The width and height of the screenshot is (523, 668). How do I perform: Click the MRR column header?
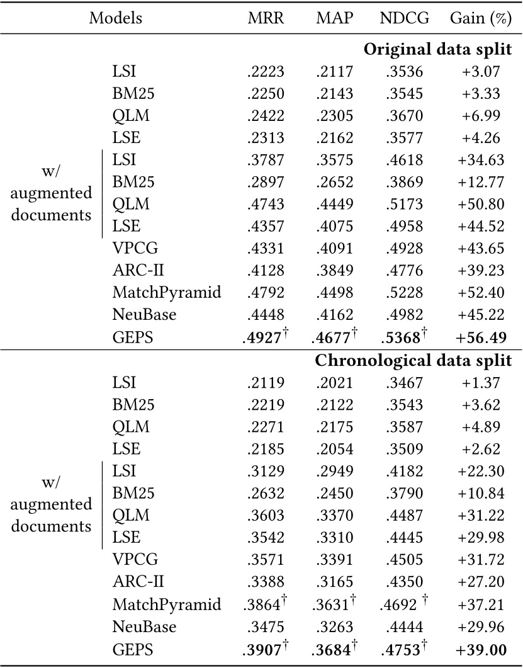[266, 18]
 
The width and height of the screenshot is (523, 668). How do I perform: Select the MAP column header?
[334, 18]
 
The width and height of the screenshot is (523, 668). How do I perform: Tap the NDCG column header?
[405, 18]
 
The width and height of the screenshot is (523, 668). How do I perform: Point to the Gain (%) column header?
[480, 18]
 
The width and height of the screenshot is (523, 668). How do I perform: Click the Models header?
[116, 18]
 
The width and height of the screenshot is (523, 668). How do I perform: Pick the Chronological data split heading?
[412, 361]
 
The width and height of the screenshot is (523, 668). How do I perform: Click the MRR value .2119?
[266, 382]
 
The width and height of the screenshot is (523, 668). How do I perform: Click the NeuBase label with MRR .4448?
[143, 315]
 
